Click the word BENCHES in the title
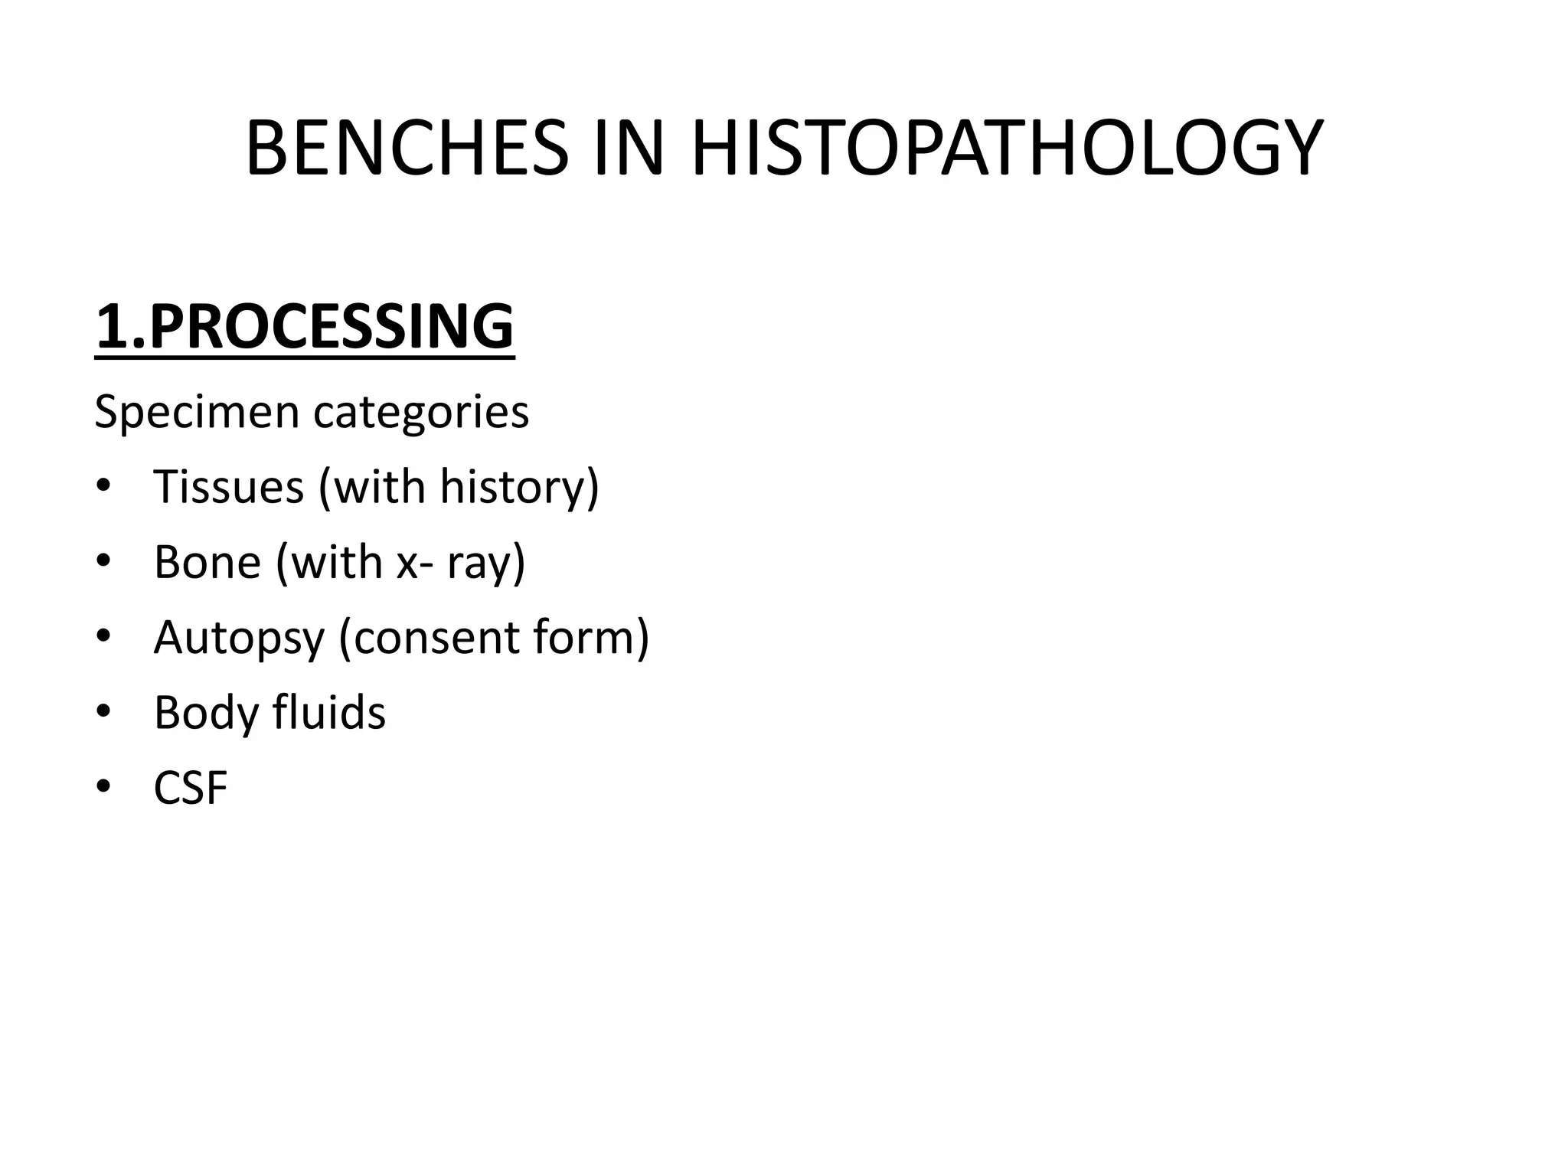407,149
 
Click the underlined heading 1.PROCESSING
305,327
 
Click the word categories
420,413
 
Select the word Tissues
228,486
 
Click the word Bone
207,562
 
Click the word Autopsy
239,637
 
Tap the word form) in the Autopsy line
590,637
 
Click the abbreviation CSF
191,788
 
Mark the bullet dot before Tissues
104,488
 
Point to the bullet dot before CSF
104,789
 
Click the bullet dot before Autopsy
104,638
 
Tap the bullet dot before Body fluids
104,714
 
